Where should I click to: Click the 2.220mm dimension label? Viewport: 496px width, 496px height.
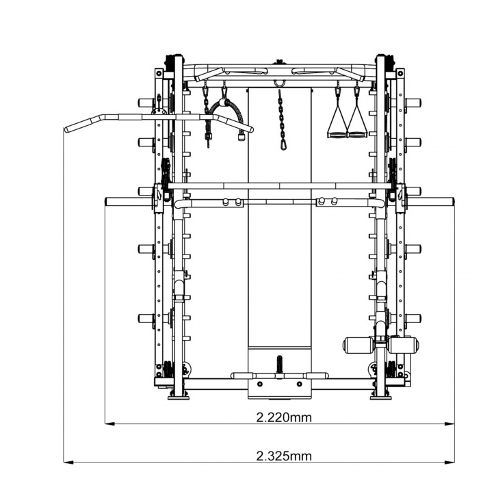(x=284, y=417)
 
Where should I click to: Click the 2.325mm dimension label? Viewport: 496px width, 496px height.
(x=284, y=456)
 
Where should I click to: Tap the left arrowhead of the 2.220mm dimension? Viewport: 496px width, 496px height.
(x=109, y=424)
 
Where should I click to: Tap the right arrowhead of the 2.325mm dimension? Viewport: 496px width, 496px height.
(x=449, y=462)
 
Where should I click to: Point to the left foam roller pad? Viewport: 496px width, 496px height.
(x=358, y=345)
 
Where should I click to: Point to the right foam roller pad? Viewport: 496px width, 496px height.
(x=404, y=345)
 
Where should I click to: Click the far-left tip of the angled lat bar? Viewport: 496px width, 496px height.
(x=66, y=129)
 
